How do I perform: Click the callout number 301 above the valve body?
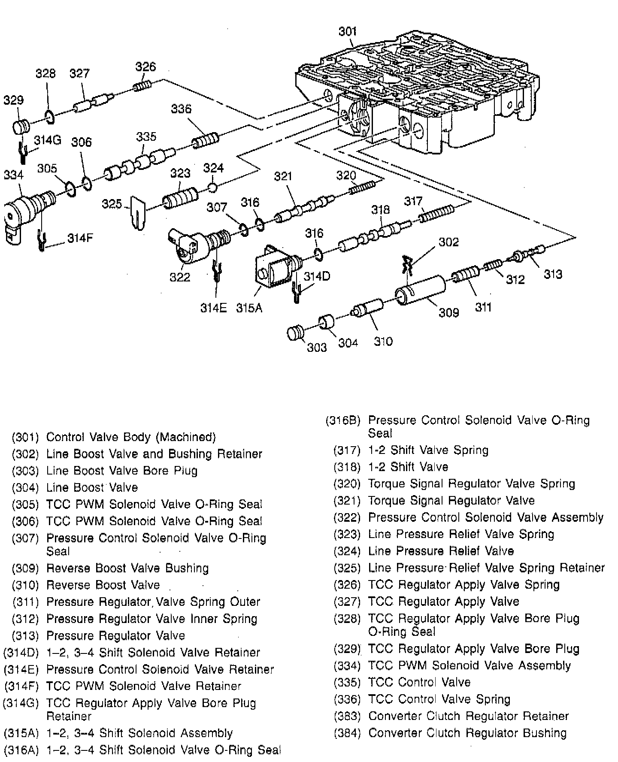point(347,31)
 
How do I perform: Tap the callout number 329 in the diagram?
point(13,100)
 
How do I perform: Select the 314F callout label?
point(80,239)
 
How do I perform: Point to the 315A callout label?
point(249,308)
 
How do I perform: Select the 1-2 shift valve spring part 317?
point(436,214)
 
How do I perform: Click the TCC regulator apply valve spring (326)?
point(142,86)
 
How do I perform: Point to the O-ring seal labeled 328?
point(49,116)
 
